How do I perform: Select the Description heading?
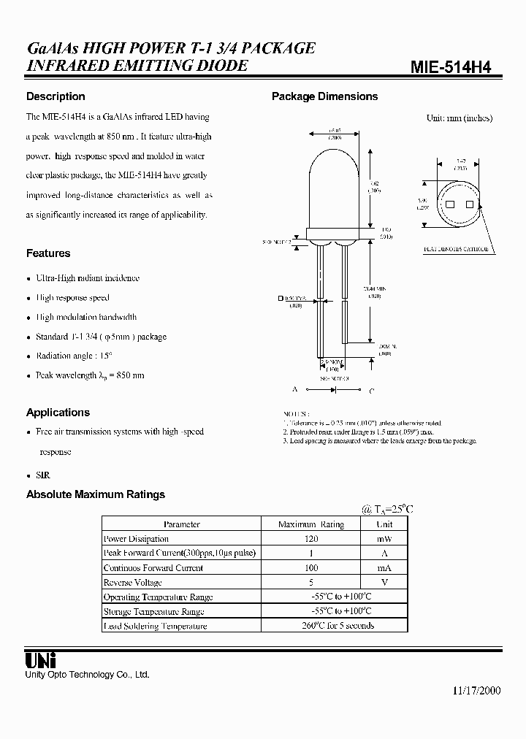point(56,96)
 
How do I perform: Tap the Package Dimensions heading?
point(324,96)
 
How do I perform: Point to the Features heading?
point(48,253)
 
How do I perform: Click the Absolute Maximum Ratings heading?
point(96,494)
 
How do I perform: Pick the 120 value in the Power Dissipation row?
point(311,539)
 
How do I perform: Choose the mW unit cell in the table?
point(384,539)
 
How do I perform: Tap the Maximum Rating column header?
point(311,524)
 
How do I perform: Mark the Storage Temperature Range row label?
point(154,611)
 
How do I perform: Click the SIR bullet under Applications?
point(43,475)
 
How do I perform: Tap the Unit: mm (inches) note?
point(460,118)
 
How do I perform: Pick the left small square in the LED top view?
point(449,205)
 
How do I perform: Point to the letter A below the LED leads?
point(294,391)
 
